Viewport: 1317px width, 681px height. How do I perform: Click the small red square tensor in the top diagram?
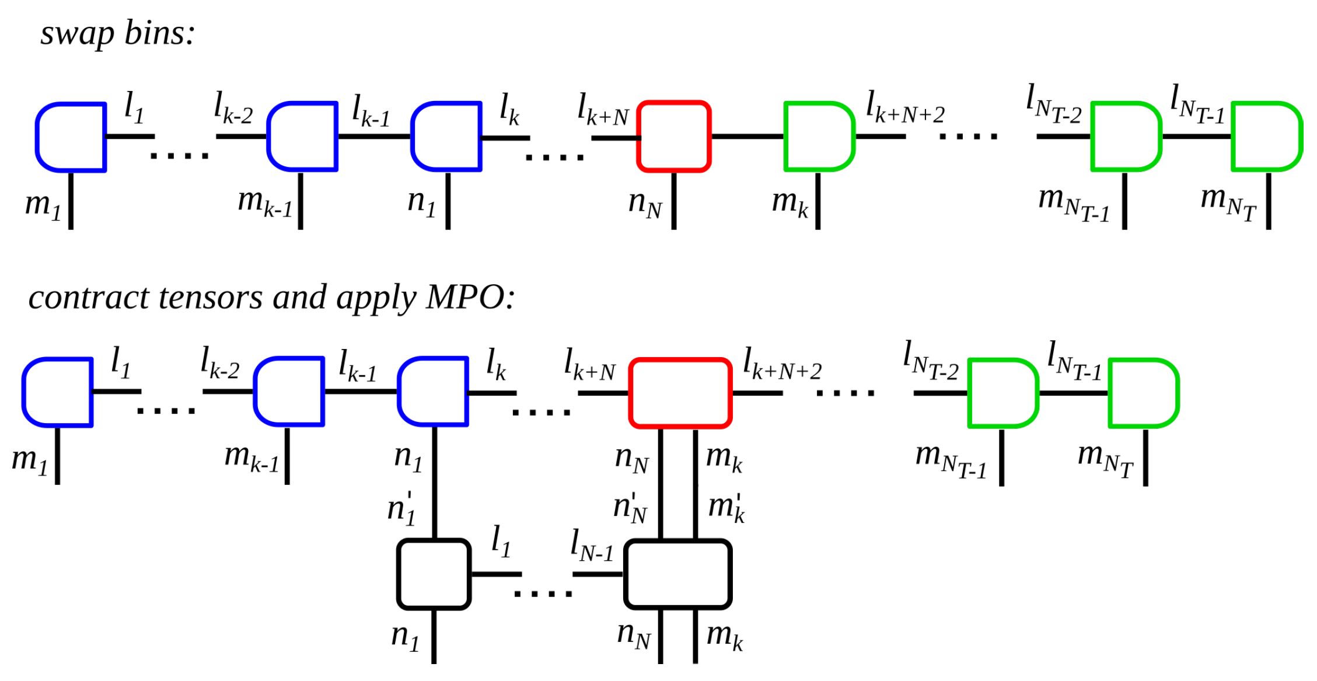674,137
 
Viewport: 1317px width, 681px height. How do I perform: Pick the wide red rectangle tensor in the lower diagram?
680,393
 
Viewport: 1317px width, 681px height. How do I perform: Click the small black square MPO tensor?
434,574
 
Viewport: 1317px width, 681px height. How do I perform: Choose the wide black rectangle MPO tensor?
677,574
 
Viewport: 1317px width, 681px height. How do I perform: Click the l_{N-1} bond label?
592,546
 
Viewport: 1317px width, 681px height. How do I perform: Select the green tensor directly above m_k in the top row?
819,137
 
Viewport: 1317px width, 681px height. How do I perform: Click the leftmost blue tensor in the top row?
71,137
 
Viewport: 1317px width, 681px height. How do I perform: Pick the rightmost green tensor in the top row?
1266,137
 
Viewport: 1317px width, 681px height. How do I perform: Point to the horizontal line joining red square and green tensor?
747,137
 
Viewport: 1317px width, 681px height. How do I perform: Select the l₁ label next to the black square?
501,541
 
